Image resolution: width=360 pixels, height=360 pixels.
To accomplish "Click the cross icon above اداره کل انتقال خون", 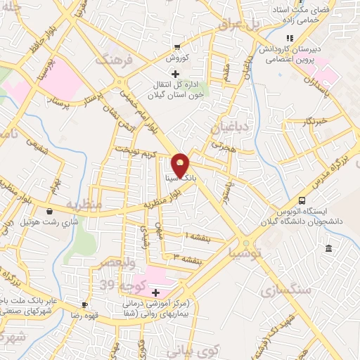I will click(176, 74).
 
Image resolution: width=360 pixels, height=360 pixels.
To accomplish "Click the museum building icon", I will click(328, 247).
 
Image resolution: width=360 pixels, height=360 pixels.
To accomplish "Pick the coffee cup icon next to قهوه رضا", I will click(85, 304).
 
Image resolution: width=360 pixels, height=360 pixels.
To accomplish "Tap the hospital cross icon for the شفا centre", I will click(155, 292).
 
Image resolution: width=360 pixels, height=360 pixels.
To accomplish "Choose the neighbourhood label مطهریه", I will click(84, 205).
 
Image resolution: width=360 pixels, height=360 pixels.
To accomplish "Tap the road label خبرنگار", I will click(306, 122).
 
